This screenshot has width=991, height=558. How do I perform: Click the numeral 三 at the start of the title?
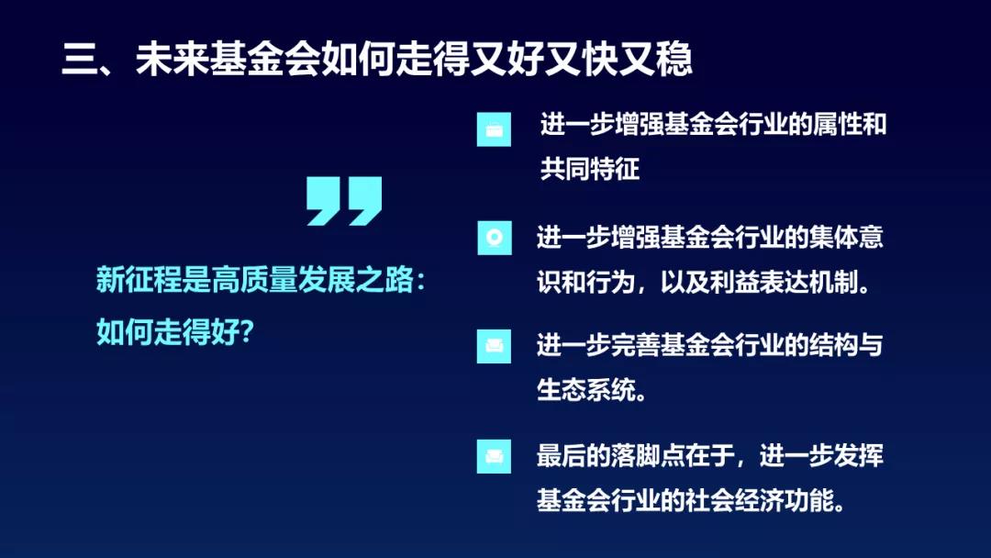(80, 60)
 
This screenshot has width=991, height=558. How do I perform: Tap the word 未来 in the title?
(172, 60)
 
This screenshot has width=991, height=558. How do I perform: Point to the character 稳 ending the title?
(674, 60)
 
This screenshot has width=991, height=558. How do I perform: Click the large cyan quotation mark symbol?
(344, 201)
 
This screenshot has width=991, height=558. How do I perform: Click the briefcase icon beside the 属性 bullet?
(494, 129)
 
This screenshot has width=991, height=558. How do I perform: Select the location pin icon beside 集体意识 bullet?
(495, 238)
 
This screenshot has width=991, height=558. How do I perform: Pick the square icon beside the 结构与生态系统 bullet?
(494, 346)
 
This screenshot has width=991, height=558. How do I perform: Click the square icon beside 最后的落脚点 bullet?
(494, 456)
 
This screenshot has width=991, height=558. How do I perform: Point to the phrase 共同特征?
(590, 169)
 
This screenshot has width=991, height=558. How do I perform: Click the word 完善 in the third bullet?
(635, 346)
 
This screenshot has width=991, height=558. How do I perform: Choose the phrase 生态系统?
(585, 390)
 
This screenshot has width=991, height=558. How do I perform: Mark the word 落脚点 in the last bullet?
(647, 455)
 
